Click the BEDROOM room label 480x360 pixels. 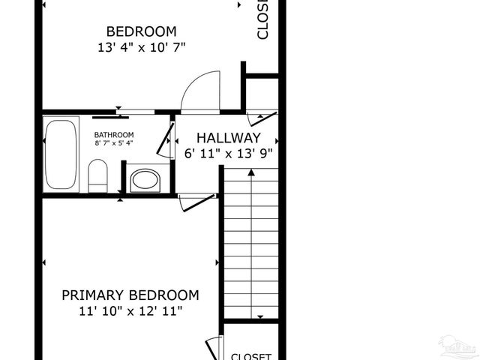coord(141,31)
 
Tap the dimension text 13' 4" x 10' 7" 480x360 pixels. coord(141,47)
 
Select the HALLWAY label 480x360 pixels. coord(228,138)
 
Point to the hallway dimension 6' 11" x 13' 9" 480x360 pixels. coord(228,154)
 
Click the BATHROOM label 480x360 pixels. coord(114,135)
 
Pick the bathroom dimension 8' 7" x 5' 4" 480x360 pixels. coord(114,143)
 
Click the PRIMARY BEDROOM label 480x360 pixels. coord(130,295)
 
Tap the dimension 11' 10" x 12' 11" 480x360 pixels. coord(130,310)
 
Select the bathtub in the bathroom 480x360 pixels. coord(61,154)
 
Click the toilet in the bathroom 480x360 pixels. coord(98,175)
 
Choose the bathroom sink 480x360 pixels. coord(145,181)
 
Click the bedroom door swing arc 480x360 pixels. coord(200,91)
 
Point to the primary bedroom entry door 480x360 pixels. coord(197,201)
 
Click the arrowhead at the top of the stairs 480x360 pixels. coord(251,172)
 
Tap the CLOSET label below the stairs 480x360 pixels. coord(250,356)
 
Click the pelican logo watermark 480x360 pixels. coord(457,346)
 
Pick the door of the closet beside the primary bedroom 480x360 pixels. coord(214,349)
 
